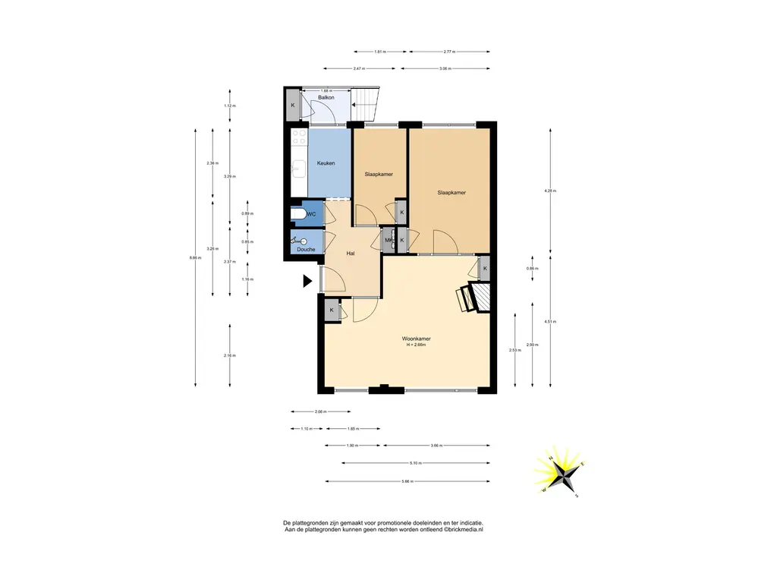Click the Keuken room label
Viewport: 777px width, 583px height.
pos(326,163)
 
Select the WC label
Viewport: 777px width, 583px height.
pos(311,215)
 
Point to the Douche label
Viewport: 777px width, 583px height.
pos(306,249)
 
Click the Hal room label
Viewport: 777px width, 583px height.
pos(351,253)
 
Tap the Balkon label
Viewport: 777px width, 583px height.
pos(326,98)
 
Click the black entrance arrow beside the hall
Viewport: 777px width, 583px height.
pos(307,282)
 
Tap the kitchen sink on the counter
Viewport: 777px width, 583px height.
pos(299,169)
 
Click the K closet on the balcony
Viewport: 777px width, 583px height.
pos(293,106)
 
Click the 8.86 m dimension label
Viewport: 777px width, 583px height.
pos(196,257)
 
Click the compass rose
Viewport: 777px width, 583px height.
pos(562,474)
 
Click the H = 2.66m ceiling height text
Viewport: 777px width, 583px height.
pos(417,345)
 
